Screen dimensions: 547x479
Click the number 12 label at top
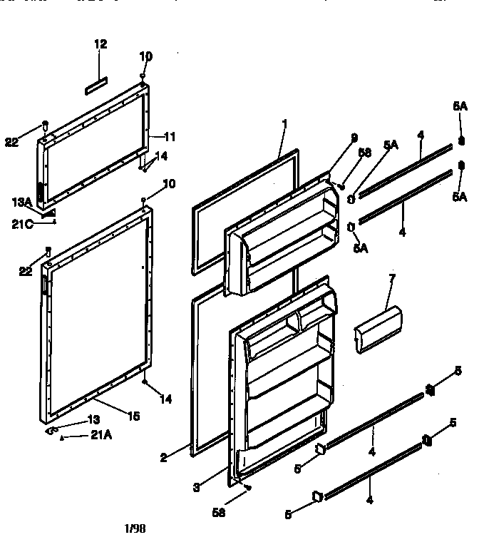click(101, 44)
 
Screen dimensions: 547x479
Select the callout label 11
click(170, 137)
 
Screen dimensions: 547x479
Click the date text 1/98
click(134, 528)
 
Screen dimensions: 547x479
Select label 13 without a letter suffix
click(93, 419)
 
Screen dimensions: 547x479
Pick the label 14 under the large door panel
click(166, 399)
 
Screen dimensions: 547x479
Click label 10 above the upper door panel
click(145, 56)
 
